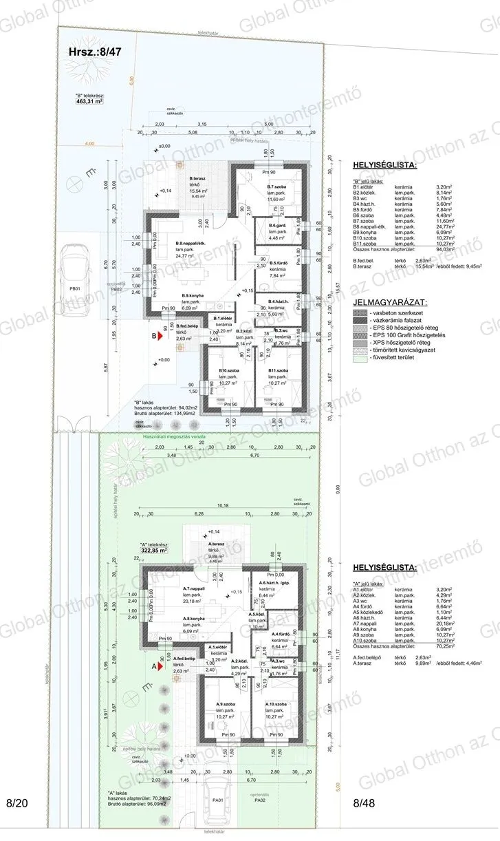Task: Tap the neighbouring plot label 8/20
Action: (19, 802)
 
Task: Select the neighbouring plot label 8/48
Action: (366, 802)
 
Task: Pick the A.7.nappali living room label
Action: (195, 589)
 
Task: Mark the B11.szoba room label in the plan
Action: (280, 372)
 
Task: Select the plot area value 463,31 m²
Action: (89, 100)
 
